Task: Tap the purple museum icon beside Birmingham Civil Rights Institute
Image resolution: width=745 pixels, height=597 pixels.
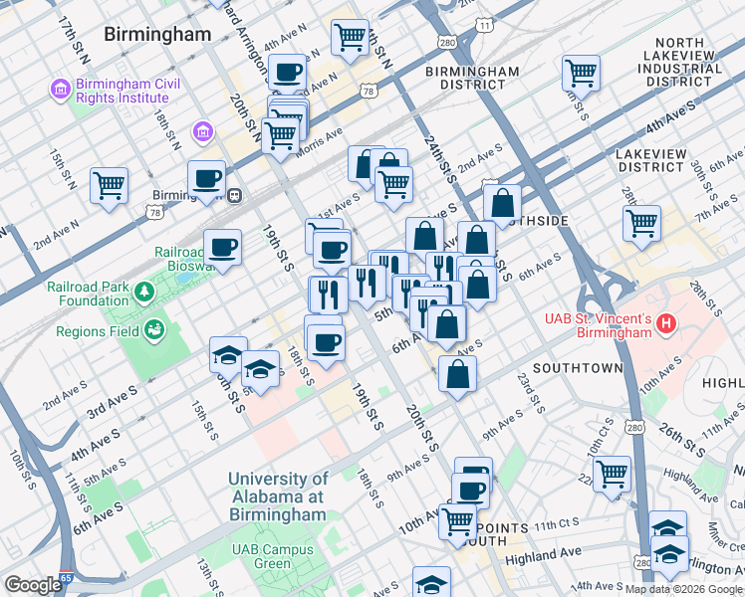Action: click(60, 92)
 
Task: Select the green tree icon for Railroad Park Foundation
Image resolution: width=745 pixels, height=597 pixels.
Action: click(144, 292)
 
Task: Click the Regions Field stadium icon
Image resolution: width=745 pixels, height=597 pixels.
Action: click(153, 330)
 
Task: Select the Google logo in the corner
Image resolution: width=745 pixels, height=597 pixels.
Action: click(33, 585)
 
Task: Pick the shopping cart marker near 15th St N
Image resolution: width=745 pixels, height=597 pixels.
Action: click(109, 184)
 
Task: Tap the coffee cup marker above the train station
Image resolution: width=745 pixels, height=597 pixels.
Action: click(206, 179)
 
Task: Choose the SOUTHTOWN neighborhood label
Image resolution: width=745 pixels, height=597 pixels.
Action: click(577, 367)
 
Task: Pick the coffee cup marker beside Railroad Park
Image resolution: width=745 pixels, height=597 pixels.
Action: click(222, 247)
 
